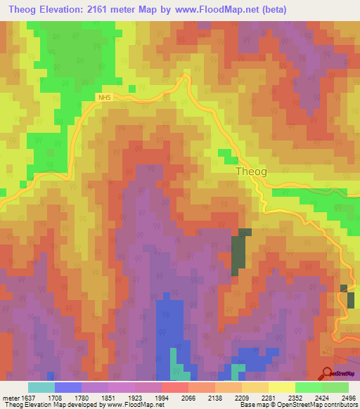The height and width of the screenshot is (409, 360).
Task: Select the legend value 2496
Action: click(349, 397)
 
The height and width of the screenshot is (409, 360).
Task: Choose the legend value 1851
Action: click(108, 397)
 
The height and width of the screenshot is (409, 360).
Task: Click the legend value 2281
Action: click(269, 397)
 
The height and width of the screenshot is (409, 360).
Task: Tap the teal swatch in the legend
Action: click(41, 387)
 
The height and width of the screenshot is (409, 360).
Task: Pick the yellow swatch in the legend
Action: click(281, 387)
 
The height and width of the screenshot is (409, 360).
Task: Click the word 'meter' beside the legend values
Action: click(12, 397)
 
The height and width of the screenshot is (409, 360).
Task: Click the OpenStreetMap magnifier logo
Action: click(328, 373)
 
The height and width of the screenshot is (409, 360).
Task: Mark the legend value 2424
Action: click(322, 397)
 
